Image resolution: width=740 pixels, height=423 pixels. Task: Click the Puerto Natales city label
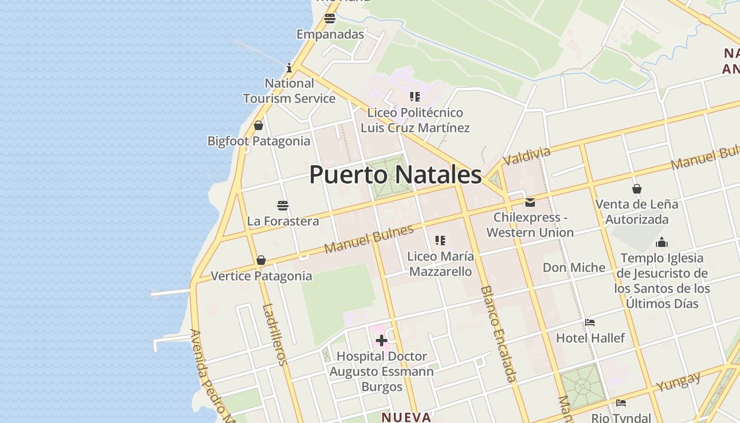click(395, 174)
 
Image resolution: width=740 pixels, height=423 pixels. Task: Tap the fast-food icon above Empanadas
click(330, 19)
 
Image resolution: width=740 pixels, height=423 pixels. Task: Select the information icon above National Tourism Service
click(289, 68)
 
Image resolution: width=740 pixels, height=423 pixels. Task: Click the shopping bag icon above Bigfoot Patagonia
click(258, 125)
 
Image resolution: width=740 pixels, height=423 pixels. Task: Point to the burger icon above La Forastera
click(283, 205)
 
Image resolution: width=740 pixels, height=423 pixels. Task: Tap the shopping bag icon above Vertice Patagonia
click(261, 260)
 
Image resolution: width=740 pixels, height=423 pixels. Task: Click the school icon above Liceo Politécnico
click(415, 97)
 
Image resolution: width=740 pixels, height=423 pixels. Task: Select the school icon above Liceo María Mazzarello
click(440, 241)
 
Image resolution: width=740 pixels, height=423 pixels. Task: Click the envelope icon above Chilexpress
click(530, 202)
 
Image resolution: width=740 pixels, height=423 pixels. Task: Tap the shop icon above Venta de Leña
click(637, 189)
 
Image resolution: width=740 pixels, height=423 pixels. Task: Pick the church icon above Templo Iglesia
click(662, 243)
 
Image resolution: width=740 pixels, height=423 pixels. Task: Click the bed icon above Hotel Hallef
click(590, 323)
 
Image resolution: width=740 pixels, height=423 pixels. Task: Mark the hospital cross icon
click(381, 341)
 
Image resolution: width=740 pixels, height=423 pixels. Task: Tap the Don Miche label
click(574, 268)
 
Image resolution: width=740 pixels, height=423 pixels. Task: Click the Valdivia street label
click(526, 156)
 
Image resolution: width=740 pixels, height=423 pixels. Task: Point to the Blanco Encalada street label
click(498, 334)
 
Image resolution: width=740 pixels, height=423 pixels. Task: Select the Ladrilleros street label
click(275, 335)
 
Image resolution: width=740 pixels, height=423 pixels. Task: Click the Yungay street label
click(679, 381)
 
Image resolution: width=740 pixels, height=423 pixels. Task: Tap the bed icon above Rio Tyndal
click(621, 403)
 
